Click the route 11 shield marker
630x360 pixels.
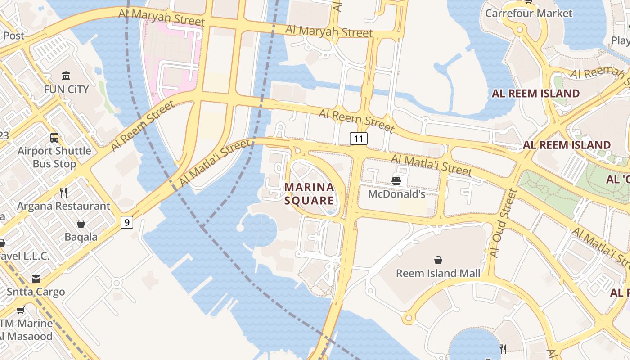358,139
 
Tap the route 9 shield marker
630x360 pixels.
127,222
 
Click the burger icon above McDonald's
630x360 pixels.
396,181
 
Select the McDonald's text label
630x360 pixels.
396,194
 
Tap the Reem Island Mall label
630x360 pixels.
438,273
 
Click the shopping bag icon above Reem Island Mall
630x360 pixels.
438,260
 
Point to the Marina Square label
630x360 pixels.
309,193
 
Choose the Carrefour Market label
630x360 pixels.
528,13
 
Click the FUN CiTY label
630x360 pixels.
66,90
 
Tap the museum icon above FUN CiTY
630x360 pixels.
66,76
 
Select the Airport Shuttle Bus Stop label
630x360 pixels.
54,157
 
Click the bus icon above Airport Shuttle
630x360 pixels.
54,138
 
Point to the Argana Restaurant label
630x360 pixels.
63,206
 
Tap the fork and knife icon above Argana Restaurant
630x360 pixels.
63,193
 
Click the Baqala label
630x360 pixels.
81,237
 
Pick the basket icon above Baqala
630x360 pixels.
81,224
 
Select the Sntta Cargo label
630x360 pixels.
36,292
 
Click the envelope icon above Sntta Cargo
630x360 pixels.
36,279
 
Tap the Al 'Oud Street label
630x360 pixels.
503,223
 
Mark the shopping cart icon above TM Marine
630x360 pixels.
20,310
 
